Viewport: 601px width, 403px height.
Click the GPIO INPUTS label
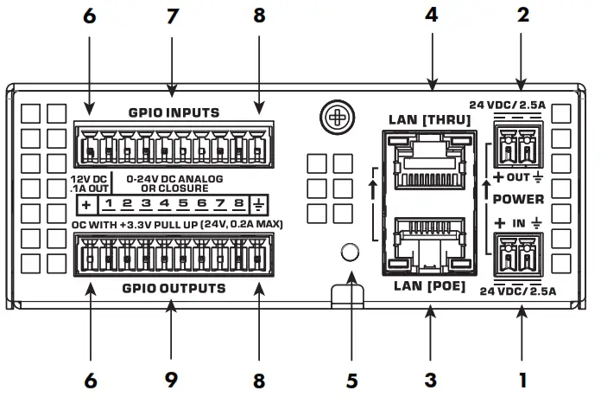[x=174, y=112]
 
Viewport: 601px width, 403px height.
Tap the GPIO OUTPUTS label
[x=174, y=288]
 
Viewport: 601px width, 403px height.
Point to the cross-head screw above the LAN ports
[x=333, y=115]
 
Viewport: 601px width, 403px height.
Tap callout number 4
[x=431, y=15]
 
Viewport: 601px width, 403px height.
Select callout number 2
[x=521, y=15]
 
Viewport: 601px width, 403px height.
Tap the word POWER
[x=518, y=199]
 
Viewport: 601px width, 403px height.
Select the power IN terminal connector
[x=517, y=253]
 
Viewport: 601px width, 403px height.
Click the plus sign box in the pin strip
[x=86, y=204]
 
